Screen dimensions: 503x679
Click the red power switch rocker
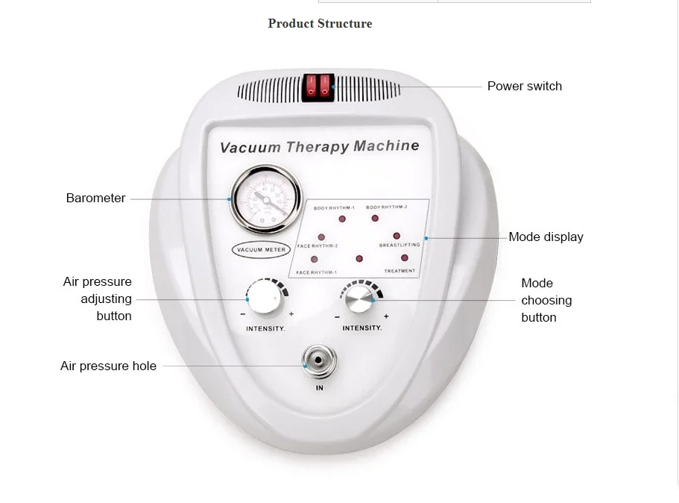point(318,87)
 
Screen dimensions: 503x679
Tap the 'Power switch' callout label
point(524,86)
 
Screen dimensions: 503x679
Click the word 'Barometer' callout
point(95,199)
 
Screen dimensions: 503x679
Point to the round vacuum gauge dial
point(265,199)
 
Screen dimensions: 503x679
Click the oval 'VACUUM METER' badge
point(259,249)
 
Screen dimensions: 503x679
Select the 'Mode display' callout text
point(546,237)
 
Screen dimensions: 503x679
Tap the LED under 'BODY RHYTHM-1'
point(343,219)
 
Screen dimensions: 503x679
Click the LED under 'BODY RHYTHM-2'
point(375,219)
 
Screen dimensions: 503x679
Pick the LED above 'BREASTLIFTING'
point(397,236)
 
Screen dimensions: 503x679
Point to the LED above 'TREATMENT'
point(404,258)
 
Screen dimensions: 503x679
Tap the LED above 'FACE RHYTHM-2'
point(321,237)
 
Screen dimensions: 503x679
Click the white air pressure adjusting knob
point(265,298)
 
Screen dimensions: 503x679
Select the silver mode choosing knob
point(359,301)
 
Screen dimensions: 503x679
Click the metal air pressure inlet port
point(319,362)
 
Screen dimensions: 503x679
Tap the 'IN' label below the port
point(319,388)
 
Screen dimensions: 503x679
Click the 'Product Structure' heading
point(320,24)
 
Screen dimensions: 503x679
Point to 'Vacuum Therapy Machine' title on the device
point(319,146)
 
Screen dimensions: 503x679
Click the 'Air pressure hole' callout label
point(108,366)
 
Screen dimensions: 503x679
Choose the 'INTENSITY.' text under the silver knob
point(361,328)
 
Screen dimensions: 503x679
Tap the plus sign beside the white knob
point(291,314)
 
